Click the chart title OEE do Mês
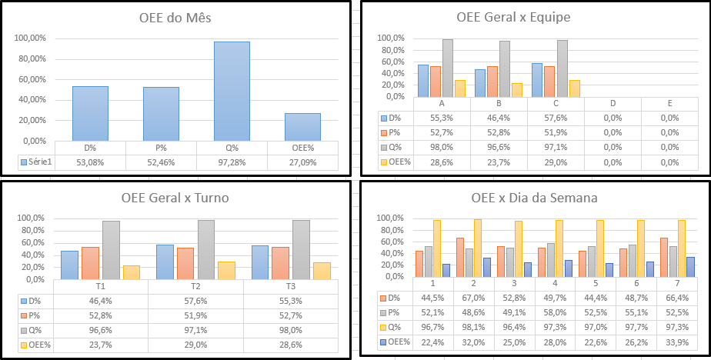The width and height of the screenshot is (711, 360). point(176,18)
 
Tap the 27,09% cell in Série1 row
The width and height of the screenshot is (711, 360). point(302,162)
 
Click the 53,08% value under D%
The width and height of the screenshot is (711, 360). point(90,162)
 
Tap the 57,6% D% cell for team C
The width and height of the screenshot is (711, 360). point(556,118)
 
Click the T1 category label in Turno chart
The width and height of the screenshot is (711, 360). point(99,285)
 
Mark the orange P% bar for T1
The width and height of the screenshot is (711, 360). point(90,262)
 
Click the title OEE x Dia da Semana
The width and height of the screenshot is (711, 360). point(534,198)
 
